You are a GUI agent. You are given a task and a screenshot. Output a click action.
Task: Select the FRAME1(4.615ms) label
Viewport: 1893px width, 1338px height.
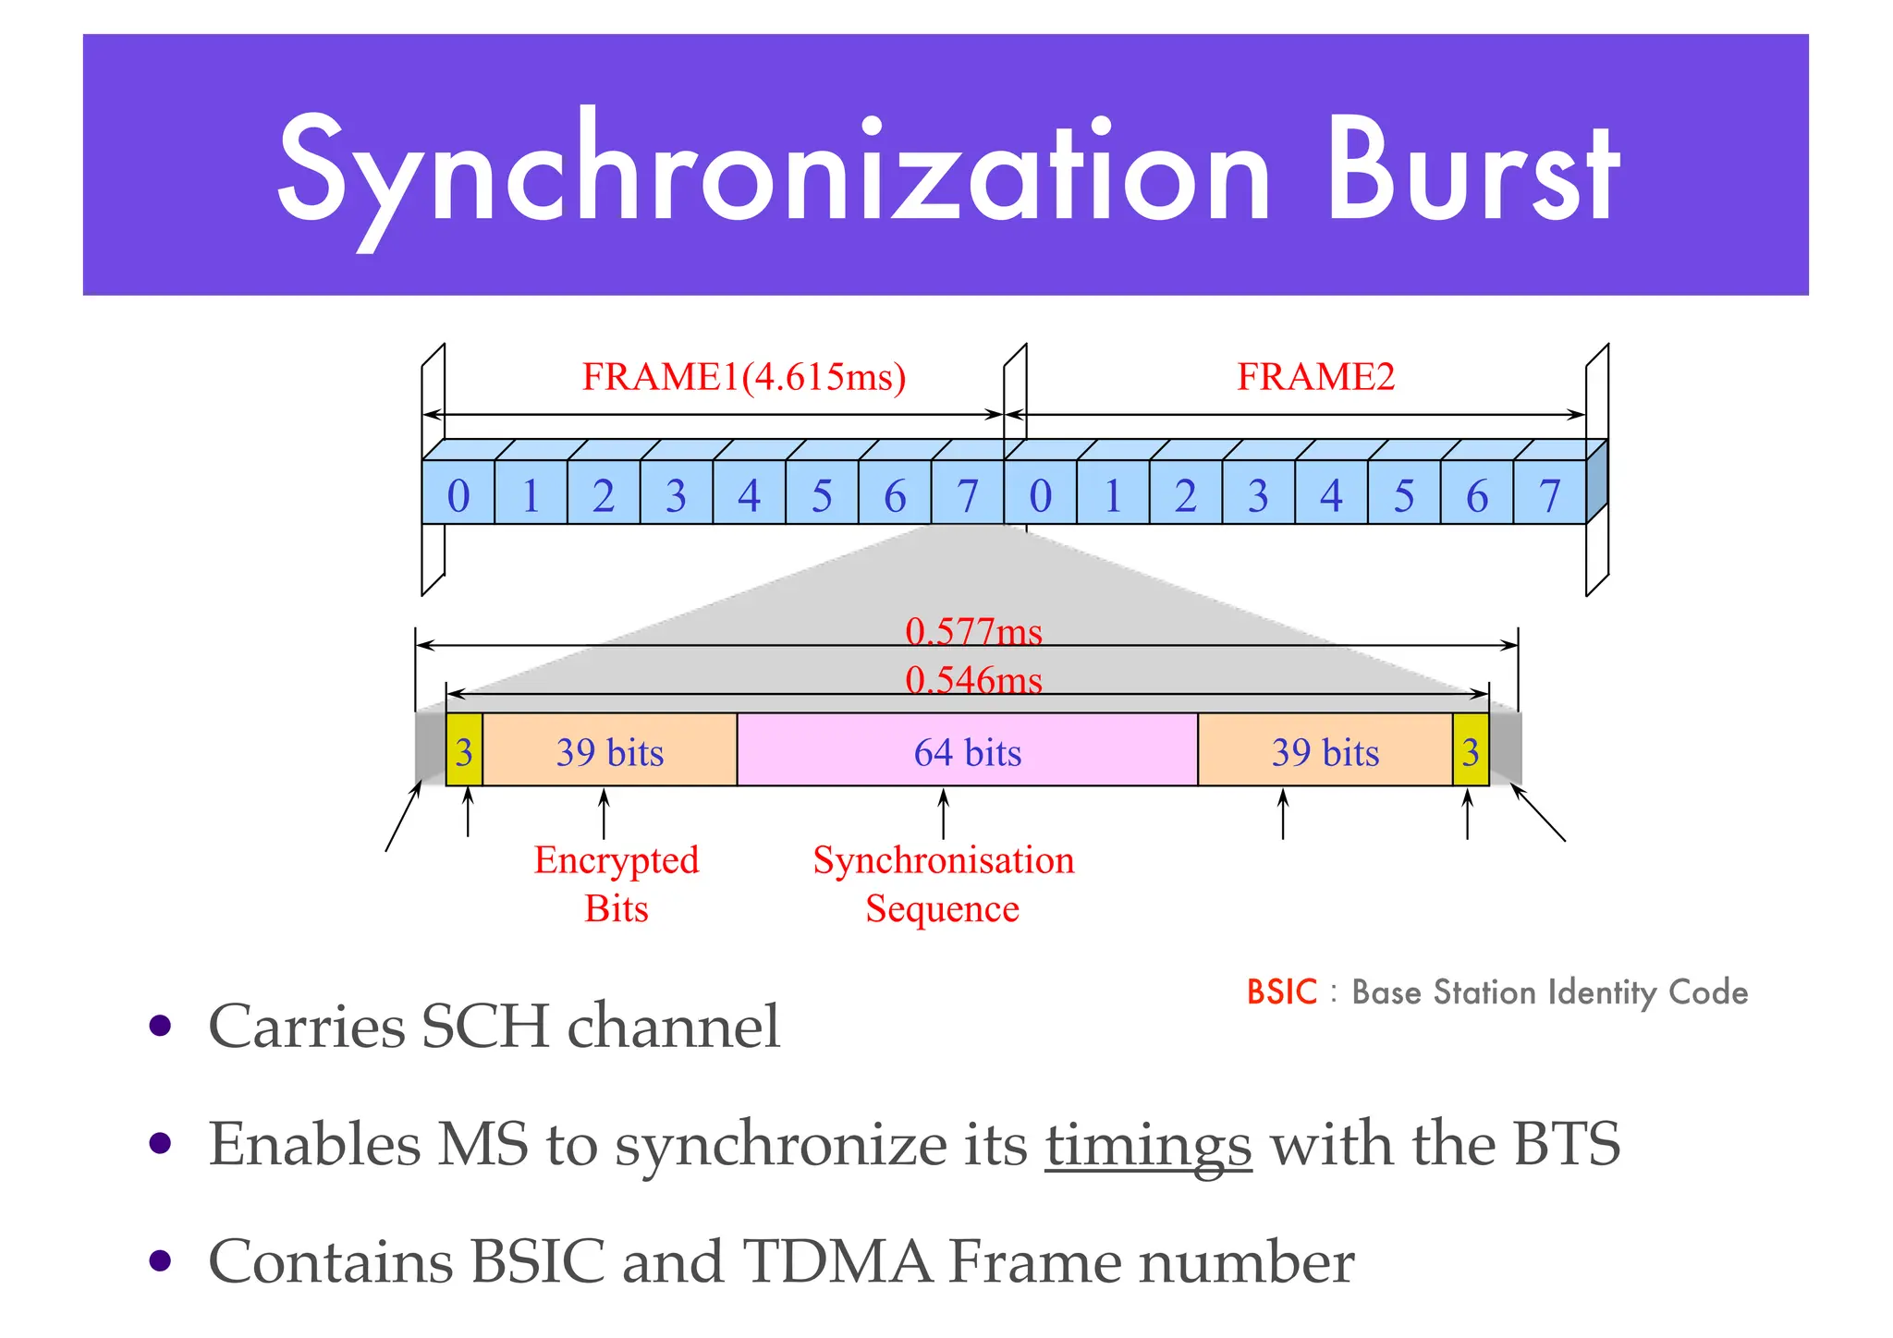coord(744,377)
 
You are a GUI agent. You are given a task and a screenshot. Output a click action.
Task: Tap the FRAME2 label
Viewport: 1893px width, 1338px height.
coord(1315,377)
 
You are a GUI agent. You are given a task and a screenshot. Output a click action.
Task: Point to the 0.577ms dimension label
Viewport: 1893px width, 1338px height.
coord(973,631)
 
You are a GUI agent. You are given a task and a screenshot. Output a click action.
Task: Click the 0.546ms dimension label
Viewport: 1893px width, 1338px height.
coord(973,680)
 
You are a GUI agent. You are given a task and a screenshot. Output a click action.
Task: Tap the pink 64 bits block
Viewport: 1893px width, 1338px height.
coord(967,750)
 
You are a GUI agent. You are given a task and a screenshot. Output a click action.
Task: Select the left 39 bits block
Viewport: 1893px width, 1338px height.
coord(610,750)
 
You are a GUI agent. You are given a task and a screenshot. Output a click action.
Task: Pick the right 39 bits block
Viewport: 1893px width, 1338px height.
coord(1325,750)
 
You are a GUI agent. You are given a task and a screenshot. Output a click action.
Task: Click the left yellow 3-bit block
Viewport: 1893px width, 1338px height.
coord(464,750)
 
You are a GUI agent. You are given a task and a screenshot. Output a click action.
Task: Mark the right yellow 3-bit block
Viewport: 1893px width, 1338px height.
coord(1471,750)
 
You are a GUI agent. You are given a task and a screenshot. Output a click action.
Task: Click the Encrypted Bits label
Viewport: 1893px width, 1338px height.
coord(617,883)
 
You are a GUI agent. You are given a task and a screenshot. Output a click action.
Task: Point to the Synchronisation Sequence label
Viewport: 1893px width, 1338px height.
coord(943,883)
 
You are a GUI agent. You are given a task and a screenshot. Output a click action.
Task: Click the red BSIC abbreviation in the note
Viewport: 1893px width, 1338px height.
coord(1281,991)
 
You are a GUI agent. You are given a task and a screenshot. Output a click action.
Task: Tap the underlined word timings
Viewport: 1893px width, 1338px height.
coord(1148,1144)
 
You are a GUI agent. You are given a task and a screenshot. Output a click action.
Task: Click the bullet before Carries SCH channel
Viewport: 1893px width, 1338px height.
coord(161,1025)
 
